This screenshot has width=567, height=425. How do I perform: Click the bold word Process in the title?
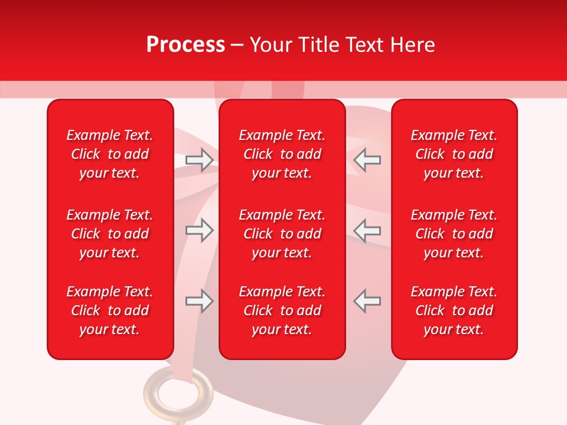[x=185, y=45]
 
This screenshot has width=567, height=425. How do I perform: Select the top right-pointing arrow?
[x=200, y=160]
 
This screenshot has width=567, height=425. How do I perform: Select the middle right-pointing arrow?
[x=200, y=230]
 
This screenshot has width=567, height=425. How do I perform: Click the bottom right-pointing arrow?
[x=200, y=301]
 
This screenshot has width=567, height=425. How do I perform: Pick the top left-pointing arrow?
[x=367, y=160]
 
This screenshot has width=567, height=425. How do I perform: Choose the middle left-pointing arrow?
[x=367, y=230]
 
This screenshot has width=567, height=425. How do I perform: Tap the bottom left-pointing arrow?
[x=367, y=301]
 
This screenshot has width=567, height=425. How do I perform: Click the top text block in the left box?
[x=110, y=154]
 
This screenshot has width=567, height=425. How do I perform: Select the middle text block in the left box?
[x=110, y=234]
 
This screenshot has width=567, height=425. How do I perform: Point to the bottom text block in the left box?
[x=110, y=310]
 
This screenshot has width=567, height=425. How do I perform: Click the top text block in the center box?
[x=282, y=154]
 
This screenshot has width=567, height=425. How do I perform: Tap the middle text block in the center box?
[x=282, y=234]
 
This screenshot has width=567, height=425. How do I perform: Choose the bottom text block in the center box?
[x=282, y=310]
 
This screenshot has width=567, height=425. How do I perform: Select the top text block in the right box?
[x=454, y=154]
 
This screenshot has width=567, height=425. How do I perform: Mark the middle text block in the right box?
[x=454, y=234]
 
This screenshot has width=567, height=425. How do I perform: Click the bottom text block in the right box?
[x=454, y=310]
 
